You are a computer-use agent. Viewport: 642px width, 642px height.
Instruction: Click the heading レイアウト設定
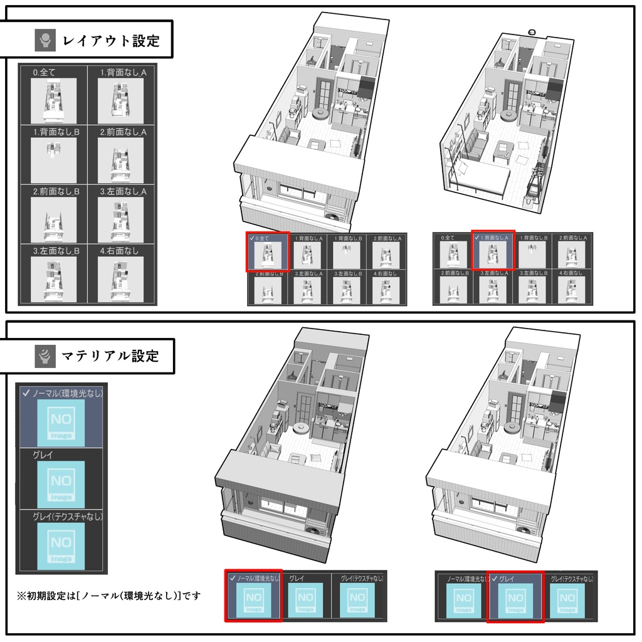pyautogui.click(x=111, y=41)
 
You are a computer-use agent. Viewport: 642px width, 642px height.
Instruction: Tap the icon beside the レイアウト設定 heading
pyautogui.click(x=45, y=41)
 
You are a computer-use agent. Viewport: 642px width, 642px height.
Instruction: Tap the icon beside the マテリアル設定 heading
pyautogui.click(x=45, y=356)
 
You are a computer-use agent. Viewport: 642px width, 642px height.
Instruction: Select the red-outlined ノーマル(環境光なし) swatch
pyautogui.click(x=253, y=600)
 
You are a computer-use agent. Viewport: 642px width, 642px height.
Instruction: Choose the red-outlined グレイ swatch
pyautogui.click(x=514, y=600)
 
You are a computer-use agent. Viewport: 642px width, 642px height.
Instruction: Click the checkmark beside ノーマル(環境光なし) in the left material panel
pyautogui.click(x=26, y=393)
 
